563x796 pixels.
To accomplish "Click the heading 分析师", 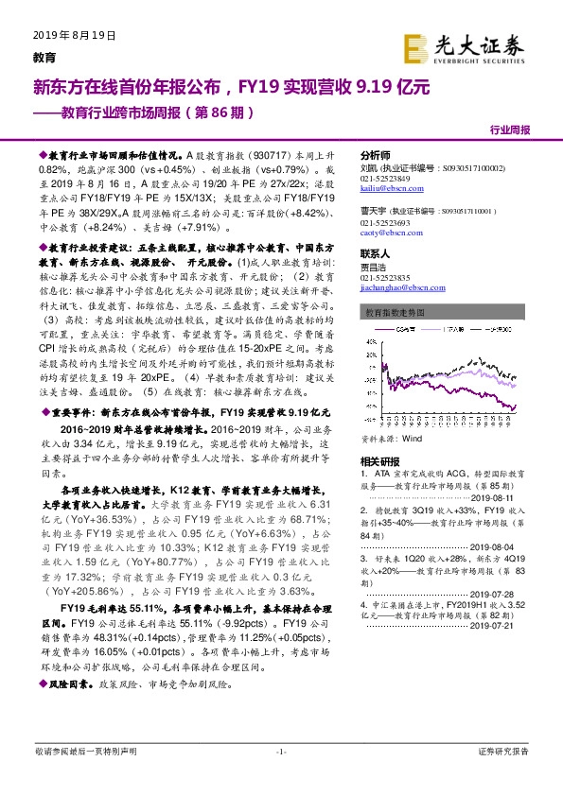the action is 377,155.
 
